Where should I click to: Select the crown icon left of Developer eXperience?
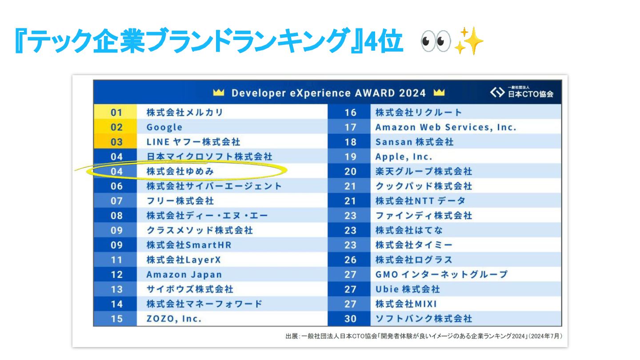tap(218, 93)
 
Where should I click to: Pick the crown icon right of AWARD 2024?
tap(439, 93)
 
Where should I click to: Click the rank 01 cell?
tap(116, 112)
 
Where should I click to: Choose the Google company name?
tap(164, 127)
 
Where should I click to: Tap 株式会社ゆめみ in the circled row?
tap(183, 171)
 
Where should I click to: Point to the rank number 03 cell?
tap(116, 142)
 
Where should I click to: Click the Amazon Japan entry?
tap(184, 274)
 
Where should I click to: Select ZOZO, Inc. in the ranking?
tap(174, 319)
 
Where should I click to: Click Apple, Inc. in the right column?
tap(404, 156)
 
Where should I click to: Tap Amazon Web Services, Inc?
tap(446, 127)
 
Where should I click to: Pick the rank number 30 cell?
tap(350, 319)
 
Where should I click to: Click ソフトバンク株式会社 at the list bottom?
tap(424, 319)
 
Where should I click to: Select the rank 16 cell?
tap(350, 112)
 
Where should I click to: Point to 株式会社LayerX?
tap(184, 260)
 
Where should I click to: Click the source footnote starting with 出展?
tap(426, 336)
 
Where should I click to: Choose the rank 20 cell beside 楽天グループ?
tap(350, 171)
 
